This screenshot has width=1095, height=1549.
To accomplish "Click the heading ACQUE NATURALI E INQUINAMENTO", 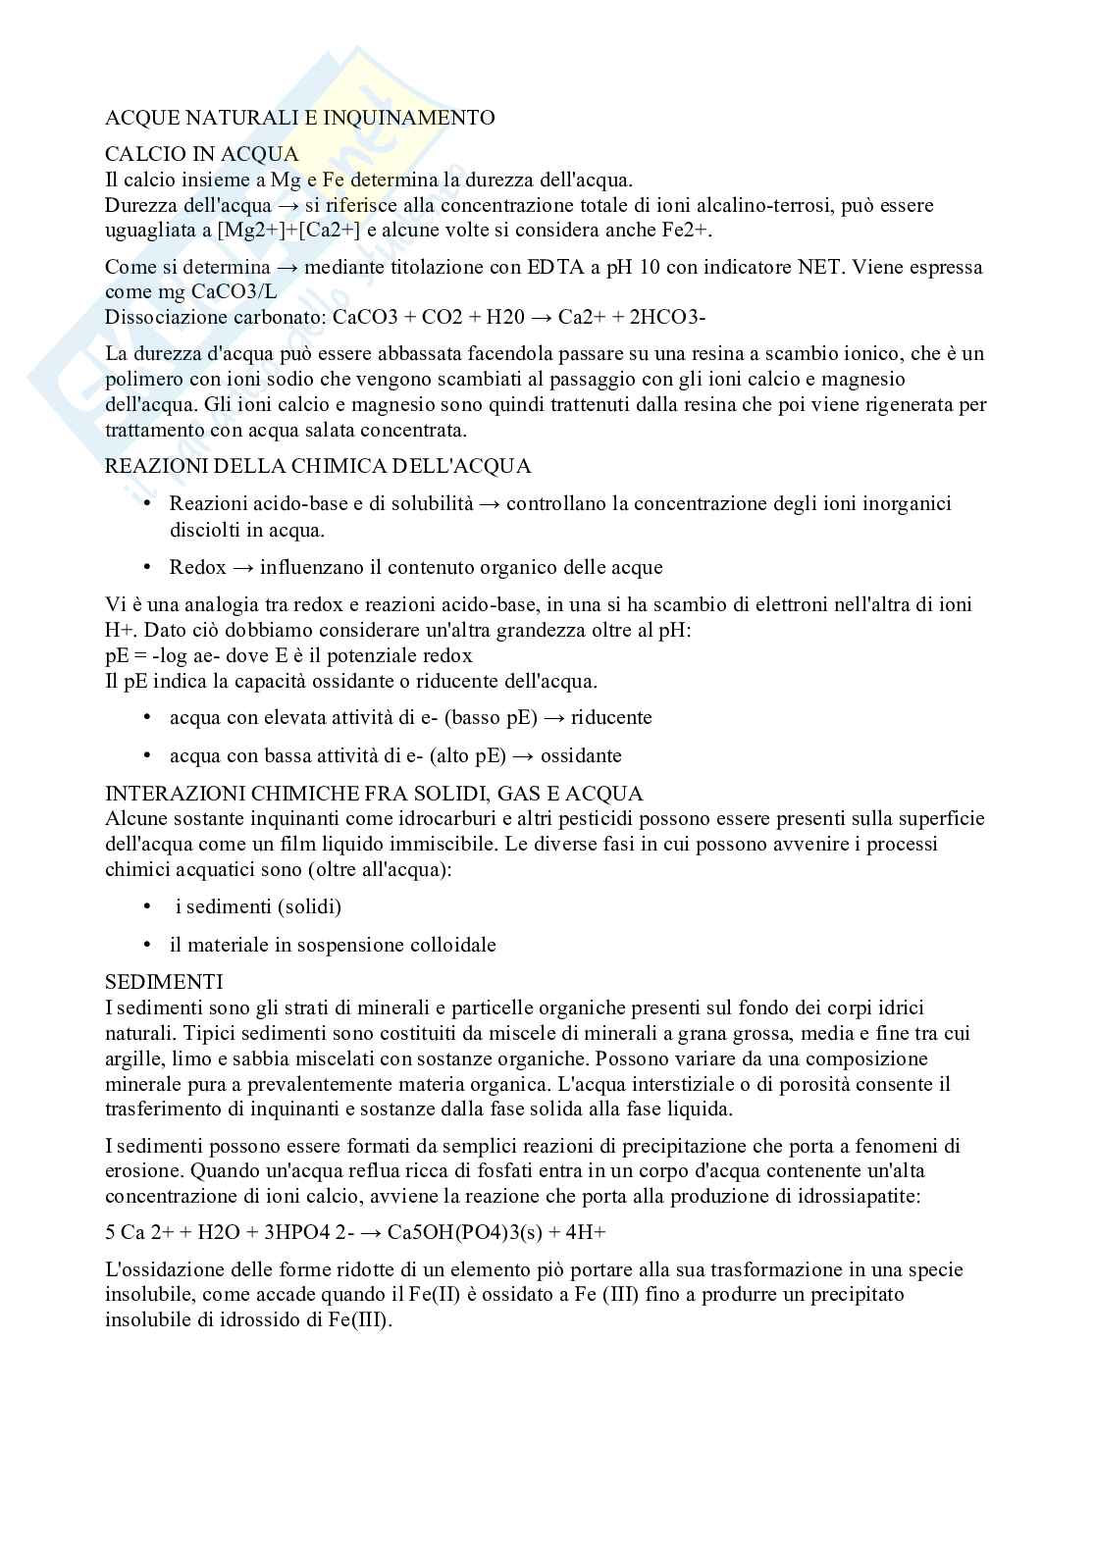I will click(299, 118).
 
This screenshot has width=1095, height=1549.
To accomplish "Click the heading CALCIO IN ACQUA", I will click(201, 154).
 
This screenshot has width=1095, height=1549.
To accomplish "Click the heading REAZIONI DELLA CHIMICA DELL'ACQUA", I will click(318, 466).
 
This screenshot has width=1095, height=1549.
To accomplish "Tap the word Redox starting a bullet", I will click(197, 567).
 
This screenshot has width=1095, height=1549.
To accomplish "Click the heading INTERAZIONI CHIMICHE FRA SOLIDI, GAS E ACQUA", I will click(374, 793).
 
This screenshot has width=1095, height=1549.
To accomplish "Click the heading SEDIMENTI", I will click(164, 982).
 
